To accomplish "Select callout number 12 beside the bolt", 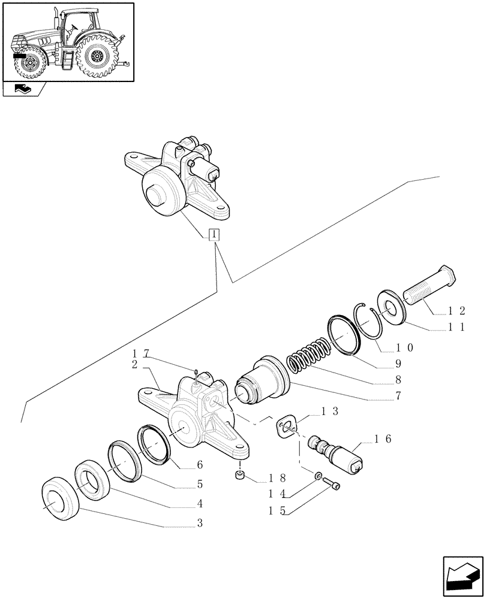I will (x=458, y=311).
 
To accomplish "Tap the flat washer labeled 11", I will (x=393, y=306).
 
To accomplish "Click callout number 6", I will (x=199, y=465).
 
